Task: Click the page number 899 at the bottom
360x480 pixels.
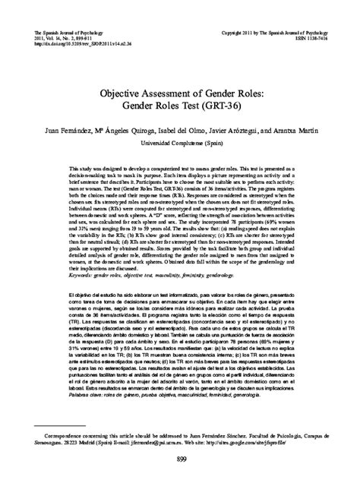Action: tap(180, 463)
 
